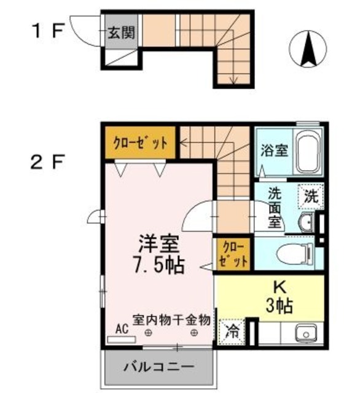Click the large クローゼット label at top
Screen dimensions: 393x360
(x=140, y=143)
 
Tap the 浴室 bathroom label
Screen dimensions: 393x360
(x=273, y=150)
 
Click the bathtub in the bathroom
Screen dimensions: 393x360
(x=307, y=152)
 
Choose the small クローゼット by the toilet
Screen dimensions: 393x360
(x=233, y=254)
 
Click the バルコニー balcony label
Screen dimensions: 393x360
(x=158, y=368)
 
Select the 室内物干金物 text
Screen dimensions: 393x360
(x=172, y=319)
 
